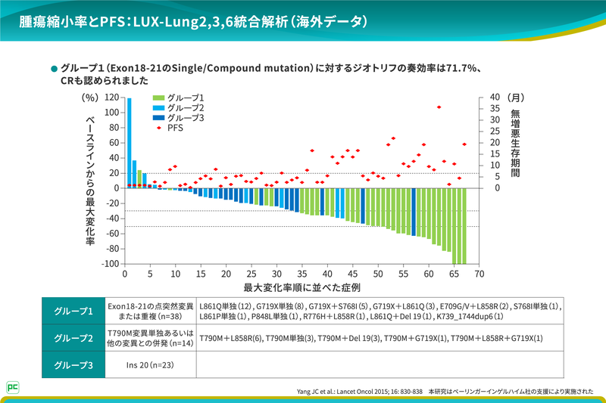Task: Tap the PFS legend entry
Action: [175, 128]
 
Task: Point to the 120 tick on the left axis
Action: [111, 98]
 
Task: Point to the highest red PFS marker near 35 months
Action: [439, 107]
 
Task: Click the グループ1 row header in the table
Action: [74, 311]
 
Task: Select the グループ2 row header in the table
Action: [74, 338]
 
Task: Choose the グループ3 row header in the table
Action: [74, 364]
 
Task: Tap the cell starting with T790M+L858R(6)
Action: [371, 338]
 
